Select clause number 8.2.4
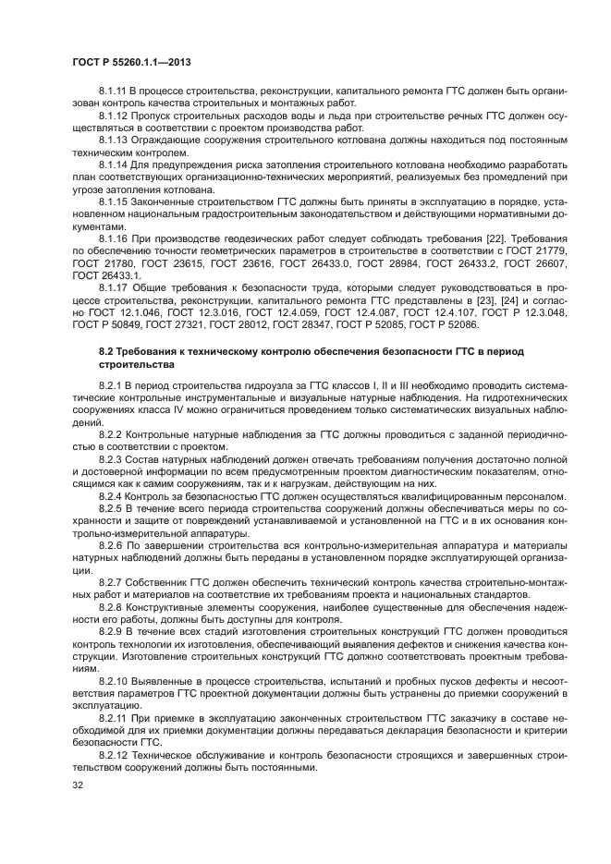coord(112,496)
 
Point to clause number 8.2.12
coord(115,754)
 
